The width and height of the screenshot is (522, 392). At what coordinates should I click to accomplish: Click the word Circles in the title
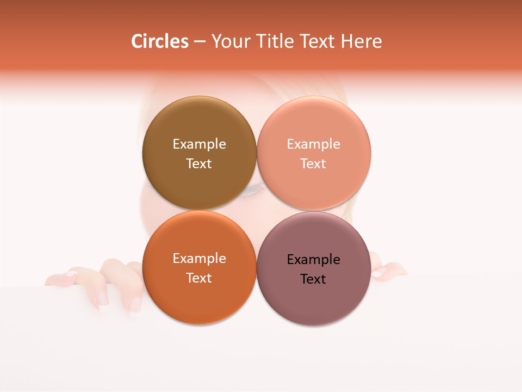pos(159,41)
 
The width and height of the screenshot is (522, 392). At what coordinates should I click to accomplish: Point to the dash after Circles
pos(200,42)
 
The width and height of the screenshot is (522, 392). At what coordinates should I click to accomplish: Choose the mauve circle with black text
pos(314,299)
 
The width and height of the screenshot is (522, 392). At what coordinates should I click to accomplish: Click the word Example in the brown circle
pos(199,144)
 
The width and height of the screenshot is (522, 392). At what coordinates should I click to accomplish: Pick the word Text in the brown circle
pos(199,164)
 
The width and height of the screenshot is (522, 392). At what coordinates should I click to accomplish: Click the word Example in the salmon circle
pos(314,144)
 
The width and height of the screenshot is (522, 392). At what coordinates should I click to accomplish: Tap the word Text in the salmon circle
pos(314,164)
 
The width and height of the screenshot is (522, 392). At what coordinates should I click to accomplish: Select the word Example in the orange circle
pos(199,259)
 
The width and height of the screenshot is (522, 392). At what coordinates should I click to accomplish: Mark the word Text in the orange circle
pos(199,278)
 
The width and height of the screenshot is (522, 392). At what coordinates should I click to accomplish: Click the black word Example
pos(314,260)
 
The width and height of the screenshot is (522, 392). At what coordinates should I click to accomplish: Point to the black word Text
pos(314,279)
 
